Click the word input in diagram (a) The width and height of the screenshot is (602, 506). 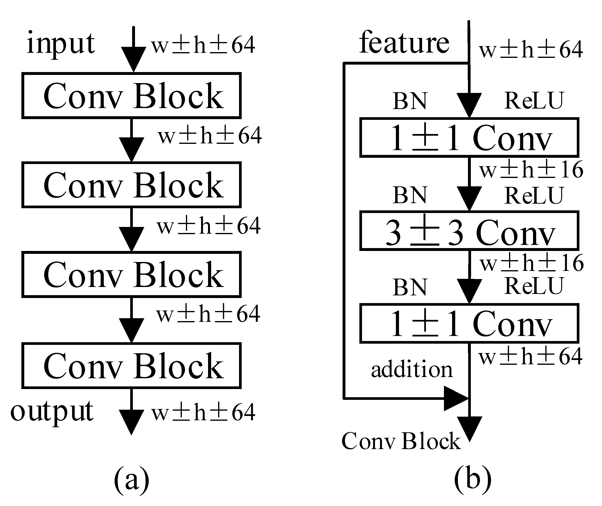61,44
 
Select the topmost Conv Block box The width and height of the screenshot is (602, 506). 131,96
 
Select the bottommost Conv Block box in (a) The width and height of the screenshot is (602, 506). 131,366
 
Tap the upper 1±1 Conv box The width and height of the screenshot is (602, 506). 469,138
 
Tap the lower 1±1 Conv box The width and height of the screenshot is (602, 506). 469,323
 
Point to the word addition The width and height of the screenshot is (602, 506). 412,369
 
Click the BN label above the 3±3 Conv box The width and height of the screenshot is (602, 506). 410,195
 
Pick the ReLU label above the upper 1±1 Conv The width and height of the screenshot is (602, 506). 534,101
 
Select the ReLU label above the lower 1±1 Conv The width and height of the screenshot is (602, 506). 534,286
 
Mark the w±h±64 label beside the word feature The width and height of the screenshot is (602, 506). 531,49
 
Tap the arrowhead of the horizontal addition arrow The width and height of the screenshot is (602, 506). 456,398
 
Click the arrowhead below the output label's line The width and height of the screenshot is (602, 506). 131,422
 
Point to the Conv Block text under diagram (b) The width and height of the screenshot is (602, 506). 401,441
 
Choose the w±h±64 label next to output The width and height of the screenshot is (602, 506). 203,412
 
